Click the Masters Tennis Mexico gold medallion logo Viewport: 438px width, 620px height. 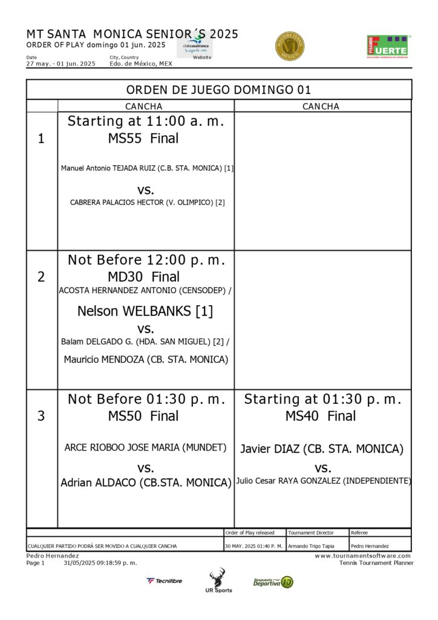pyautogui.click(x=289, y=46)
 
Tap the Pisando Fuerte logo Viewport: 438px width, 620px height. pyautogui.click(x=388, y=46)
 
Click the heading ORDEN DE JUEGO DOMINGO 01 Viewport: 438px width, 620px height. pyautogui.click(x=218, y=90)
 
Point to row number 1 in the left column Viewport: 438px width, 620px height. pyautogui.click(x=41, y=139)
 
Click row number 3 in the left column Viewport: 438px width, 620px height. pyautogui.click(x=41, y=416)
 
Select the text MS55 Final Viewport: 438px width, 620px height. pyautogui.click(x=143, y=139)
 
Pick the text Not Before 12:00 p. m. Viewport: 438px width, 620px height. pyautogui.click(x=146, y=260)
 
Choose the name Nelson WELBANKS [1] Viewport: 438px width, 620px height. pyautogui.click(x=145, y=311)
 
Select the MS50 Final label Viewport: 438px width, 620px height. pyautogui.click(x=143, y=416)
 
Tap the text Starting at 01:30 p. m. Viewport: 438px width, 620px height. pyautogui.click(x=322, y=399)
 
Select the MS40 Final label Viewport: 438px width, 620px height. pyautogui.click(x=321, y=416)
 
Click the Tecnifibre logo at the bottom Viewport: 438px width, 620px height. pyautogui.click(x=164, y=581)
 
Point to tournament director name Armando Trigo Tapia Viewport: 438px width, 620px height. pyautogui.click(x=311, y=546)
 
